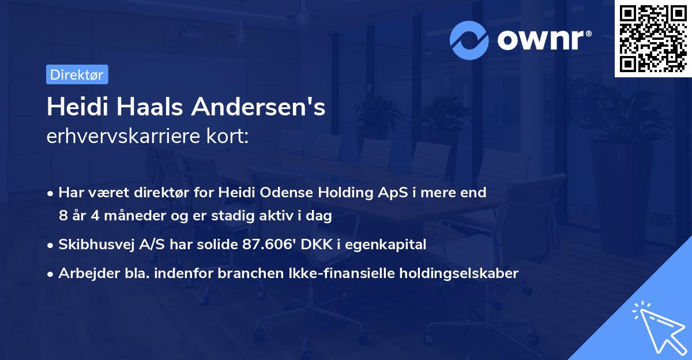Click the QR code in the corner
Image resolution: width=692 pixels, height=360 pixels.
[652, 39]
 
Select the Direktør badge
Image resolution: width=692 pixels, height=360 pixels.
[77, 74]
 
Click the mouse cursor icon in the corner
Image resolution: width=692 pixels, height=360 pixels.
[657, 327]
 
